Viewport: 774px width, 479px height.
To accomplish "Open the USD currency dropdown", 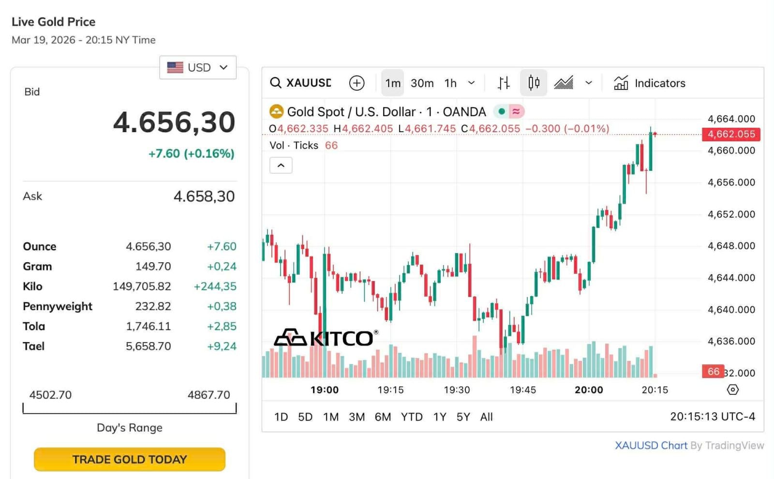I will coord(197,67).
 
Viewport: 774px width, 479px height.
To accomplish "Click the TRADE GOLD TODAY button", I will coord(130,459).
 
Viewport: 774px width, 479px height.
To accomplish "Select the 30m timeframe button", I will coord(422,83).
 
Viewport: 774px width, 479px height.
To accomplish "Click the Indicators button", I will coord(650,83).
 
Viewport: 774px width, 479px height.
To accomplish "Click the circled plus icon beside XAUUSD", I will coord(357,83).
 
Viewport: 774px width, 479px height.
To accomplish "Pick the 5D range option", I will coord(305,417).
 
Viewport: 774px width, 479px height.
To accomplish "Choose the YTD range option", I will coord(412,417).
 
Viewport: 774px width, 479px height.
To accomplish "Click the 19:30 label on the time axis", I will coord(457,390).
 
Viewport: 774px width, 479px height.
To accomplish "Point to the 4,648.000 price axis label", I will coord(731,246).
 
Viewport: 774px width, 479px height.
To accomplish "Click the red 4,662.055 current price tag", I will coord(731,134).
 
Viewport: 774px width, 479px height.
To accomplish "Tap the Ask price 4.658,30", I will coord(204,196).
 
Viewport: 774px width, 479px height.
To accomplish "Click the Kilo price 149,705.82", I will coord(142,286).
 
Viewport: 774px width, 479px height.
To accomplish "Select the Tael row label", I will coord(34,346).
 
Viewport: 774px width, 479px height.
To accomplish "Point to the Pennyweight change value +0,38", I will coord(222,306).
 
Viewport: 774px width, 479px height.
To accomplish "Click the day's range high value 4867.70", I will coord(208,395).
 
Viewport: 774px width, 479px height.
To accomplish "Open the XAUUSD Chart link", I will coord(651,445).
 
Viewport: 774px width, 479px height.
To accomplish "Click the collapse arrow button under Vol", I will coord(281,165).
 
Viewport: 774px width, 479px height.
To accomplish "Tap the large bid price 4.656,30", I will coord(174,122).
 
